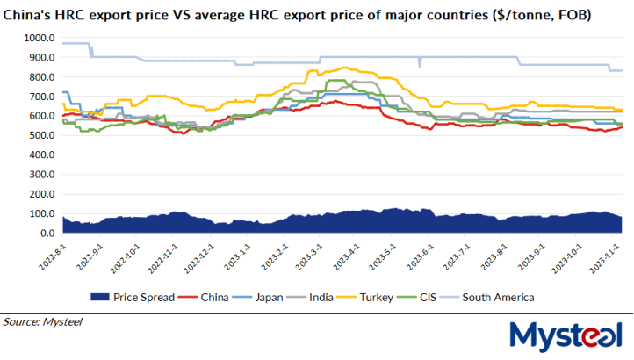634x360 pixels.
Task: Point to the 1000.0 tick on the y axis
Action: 40,39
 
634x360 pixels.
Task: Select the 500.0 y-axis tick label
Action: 42,136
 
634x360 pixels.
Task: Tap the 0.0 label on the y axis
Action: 47,234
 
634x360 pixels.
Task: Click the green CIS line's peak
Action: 334,80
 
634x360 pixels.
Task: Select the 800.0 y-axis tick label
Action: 42,77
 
